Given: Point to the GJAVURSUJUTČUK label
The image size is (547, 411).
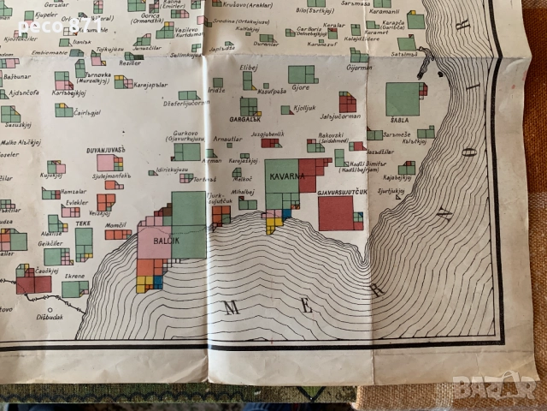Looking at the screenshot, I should pos(341,192).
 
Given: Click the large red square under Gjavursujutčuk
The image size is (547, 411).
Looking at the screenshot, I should pos(336,213).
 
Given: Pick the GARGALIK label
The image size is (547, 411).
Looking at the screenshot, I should pos(246,119).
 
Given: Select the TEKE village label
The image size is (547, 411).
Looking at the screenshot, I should pos(82,223).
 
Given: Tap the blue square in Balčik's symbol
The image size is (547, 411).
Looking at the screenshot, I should pos(158,280).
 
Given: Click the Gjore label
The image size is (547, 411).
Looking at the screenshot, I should pos(300,86).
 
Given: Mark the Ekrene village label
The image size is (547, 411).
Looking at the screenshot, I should pos(74,277).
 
